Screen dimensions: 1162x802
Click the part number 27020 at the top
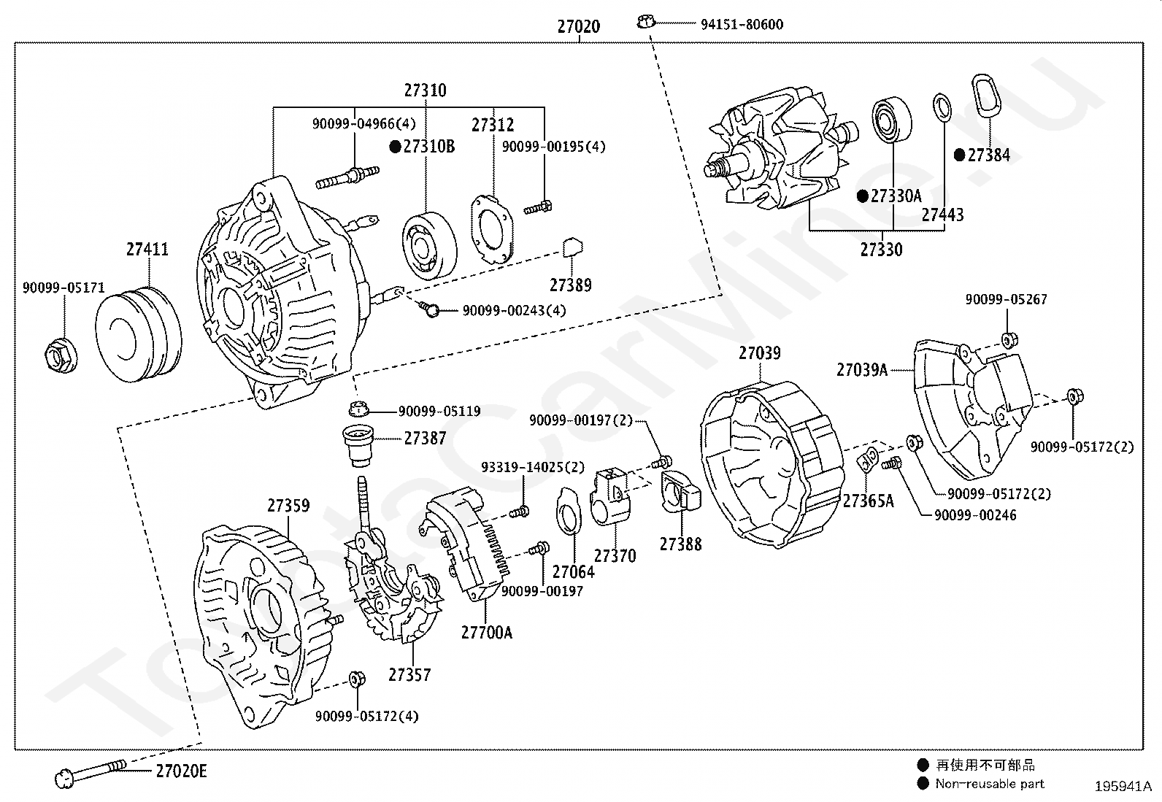pos(578,26)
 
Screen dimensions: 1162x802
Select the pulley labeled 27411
pos(139,335)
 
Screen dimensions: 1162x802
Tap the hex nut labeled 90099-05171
pos(61,355)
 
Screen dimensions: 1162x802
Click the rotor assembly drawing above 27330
pos(781,150)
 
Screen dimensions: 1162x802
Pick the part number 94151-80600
pos(742,24)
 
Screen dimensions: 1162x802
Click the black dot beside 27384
pos(960,155)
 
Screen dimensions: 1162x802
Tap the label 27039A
pos(861,370)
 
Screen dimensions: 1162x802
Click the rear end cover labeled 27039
pos(772,464)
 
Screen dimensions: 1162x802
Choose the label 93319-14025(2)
pos(532,467)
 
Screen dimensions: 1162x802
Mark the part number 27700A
pos(487,633)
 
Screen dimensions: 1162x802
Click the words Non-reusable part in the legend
pos(989,784)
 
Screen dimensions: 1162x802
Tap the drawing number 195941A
pos(1123,787)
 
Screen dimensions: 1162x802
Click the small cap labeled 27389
pos(573,247)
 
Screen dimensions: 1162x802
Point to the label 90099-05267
pos(1006,299)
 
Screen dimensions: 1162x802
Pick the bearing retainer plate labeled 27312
pos(492,229)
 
